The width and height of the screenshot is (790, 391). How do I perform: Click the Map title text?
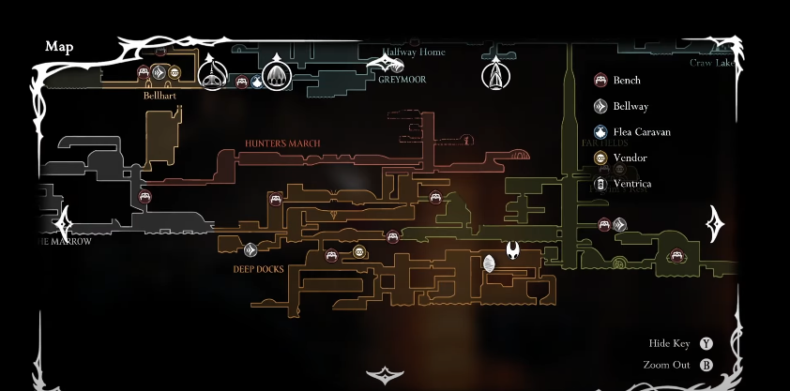(x=58, y=46)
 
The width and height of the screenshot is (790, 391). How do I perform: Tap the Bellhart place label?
(x=160, y=95)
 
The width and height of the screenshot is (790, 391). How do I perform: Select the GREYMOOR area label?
(x=403, y=80)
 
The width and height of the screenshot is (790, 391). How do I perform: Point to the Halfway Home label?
(x=414, y=53)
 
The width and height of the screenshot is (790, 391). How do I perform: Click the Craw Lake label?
(x=712, y=63)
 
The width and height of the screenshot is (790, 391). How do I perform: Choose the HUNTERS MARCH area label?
(x=282, y=143)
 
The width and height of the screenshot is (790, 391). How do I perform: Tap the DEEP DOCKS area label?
(x=258, y=270)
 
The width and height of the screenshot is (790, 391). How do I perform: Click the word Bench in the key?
(x=627, y=81)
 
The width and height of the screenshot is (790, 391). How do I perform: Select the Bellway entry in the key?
(x=630, y=107)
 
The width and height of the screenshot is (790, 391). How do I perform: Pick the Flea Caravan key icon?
(x=600, y=132)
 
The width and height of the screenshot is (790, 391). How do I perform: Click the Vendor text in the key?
(x=630, y=158)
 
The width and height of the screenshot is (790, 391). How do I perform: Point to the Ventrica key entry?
(x=631, y=184)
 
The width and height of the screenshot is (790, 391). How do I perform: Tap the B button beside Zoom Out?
(x=706, y=365)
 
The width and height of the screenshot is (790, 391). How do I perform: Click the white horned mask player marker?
(x=514, y=250)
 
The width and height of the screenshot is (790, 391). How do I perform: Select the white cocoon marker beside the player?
(x=489, y=264)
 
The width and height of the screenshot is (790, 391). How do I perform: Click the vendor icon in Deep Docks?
(x=359, y=251)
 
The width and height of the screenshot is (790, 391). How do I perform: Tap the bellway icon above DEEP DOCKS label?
(x=251, y=249)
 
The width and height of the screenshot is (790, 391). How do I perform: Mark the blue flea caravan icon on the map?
(x=255, y=83)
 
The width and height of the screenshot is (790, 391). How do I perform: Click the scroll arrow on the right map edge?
(x=715, y=224)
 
